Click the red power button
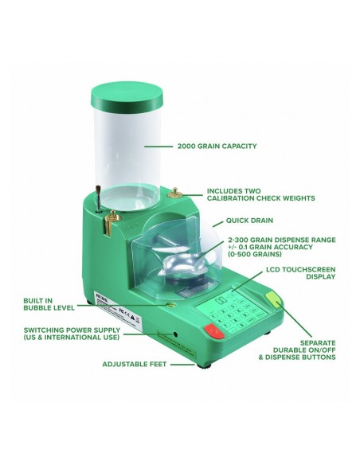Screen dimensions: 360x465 tap(214, 331)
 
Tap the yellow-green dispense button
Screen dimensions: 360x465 tap(273, 299)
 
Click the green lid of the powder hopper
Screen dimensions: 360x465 tap(127, 96)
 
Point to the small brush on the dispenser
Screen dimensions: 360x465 tap(98, 198)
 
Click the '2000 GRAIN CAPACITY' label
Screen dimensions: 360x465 tap(217, 146)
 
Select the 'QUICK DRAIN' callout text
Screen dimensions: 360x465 tap(249, 221)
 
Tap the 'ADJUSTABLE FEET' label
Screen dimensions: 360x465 tap(135, 364)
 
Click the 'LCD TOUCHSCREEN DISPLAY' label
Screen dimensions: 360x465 tap(301, 273)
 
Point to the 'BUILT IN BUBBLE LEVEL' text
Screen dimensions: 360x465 tap(49, 304)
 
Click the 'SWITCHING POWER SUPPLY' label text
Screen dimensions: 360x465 tap(72, 330)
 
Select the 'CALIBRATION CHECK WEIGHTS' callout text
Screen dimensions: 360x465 tap(261, 198)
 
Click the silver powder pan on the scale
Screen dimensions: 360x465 tap(182, 264)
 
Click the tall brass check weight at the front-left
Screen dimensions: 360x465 tap(110, 222)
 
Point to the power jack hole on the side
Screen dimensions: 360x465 tap(175, 334)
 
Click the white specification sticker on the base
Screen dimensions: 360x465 tap(118, 311)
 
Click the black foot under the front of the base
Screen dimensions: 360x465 tap(203, 365)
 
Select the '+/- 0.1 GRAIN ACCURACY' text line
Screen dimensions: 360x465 tap(270, 247)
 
